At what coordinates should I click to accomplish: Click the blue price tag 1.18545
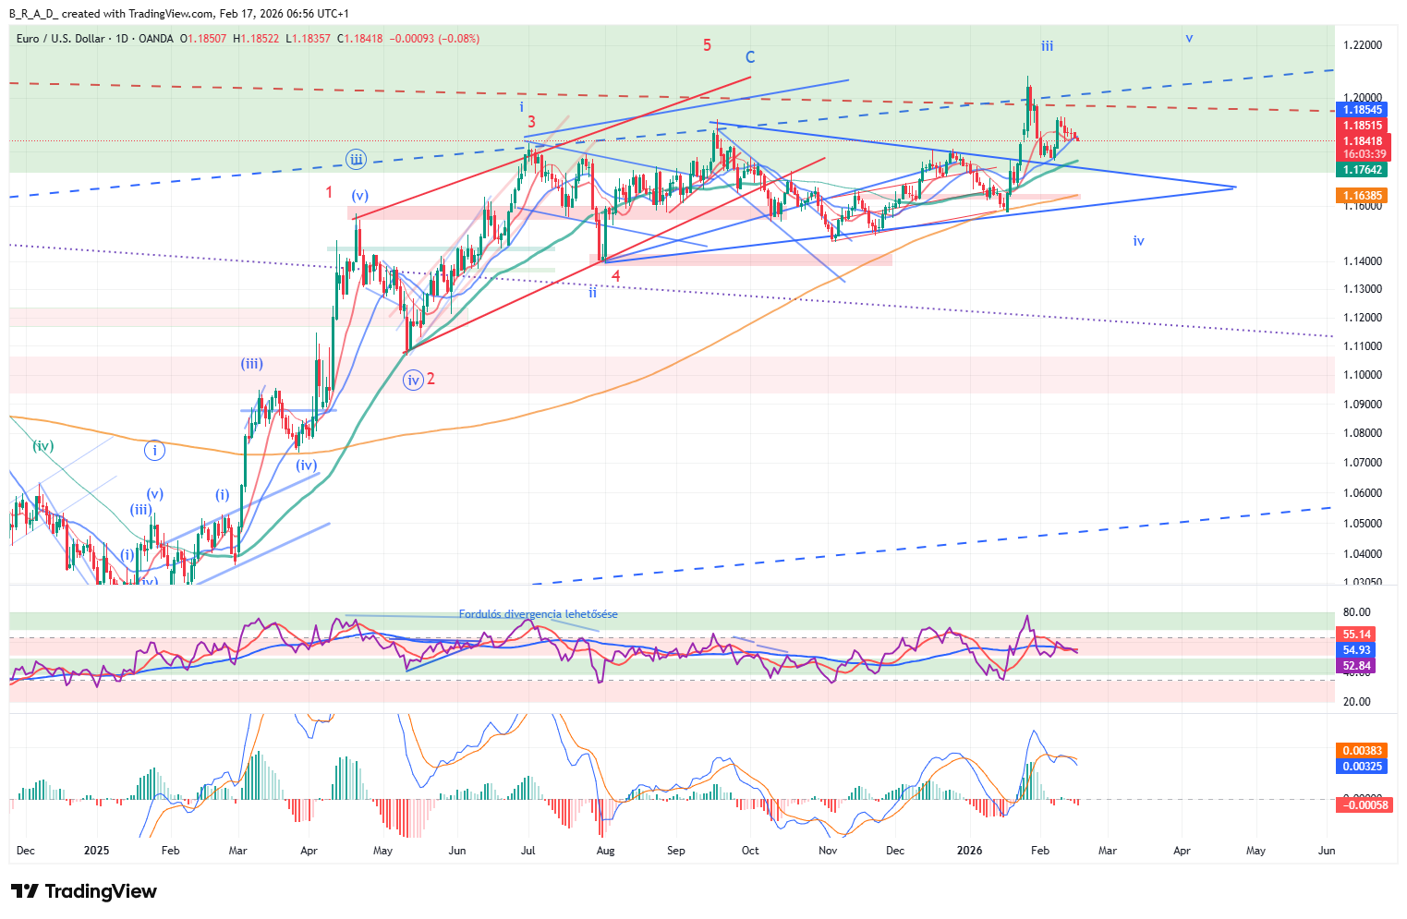click(x=1363, y=110)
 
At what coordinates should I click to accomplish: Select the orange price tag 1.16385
click(x=1363, y=196)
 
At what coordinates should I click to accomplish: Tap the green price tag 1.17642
click(x=1363, y=170)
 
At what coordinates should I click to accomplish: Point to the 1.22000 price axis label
click(x=1363, y=45)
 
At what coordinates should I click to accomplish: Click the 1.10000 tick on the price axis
click(x=1363, y=375)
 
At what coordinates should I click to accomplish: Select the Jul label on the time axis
click(x=528, y=851)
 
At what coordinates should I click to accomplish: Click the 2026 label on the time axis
click(x=969, y=851)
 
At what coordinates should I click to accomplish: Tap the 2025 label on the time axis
click(x=96, y=851)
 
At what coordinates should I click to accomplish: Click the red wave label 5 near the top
click(x=707, y=45)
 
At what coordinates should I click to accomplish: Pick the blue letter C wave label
click(x=750, y=57)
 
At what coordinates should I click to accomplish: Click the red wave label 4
click(x=615, y=275)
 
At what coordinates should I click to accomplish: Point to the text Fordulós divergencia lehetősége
click(x=538, y=614)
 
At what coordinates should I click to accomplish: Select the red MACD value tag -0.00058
click(x=1363, y=805)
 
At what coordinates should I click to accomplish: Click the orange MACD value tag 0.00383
click(x=1363, y=751)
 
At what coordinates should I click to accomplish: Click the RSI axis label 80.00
click(x=1356, y=612)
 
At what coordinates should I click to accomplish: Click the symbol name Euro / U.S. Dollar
click(x=61, y=39)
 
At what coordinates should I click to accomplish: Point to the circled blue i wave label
click(x=154, y=451)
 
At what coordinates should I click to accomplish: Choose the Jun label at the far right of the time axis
click(x=1326, y=851)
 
